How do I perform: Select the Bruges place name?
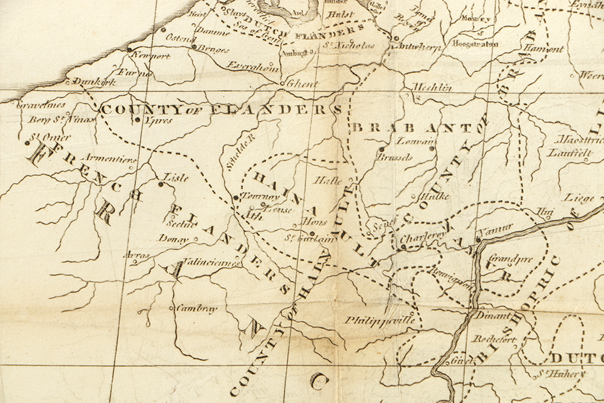tap(214, 50)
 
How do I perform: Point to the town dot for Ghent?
tap(282, 83)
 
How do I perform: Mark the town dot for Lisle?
tap(161, 184)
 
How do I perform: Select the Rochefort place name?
tap(494, 339)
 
